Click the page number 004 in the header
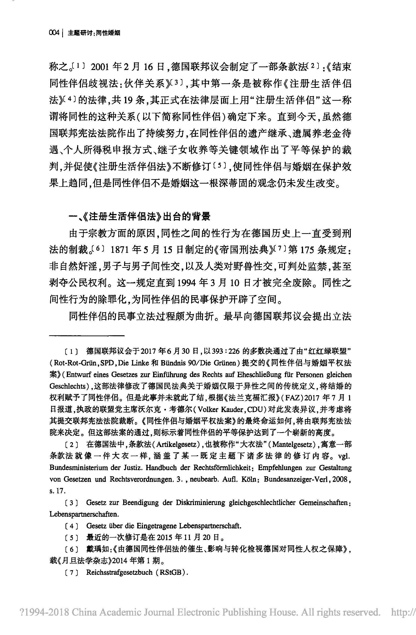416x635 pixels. pos(54,33)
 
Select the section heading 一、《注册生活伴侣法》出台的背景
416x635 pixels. pos(139,217)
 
